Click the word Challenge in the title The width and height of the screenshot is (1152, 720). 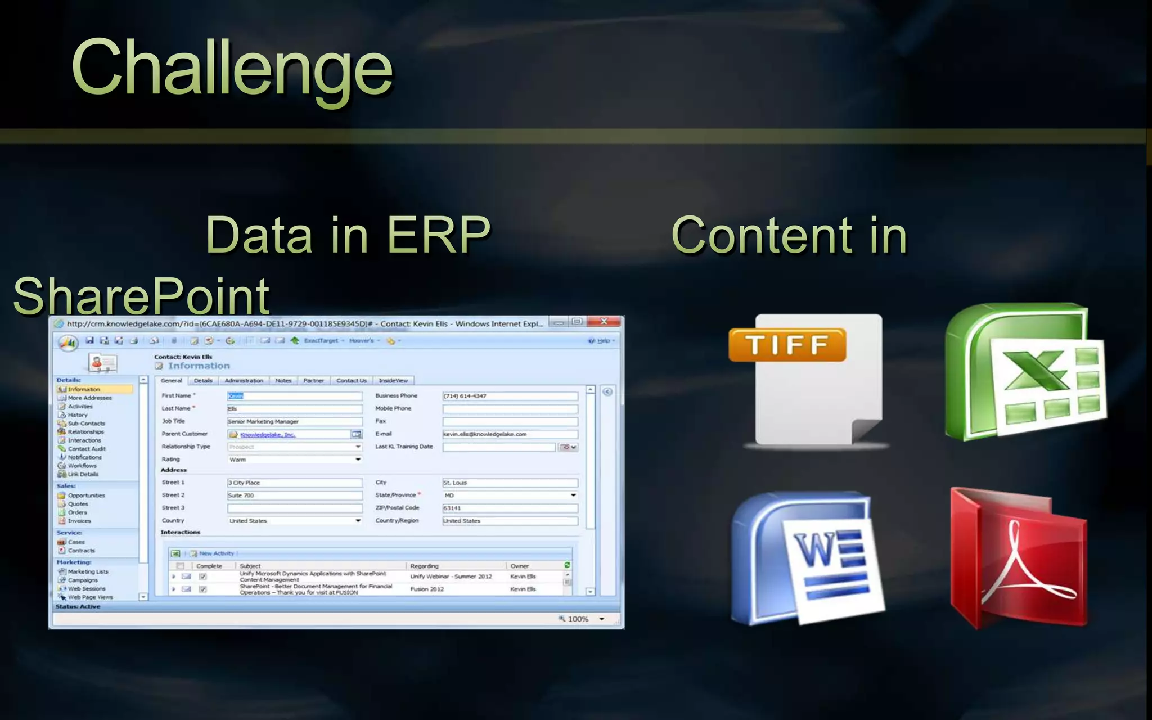pos(232,69)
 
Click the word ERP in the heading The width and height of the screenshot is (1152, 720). pos(439,235)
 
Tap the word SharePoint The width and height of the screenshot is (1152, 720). pos(141,296)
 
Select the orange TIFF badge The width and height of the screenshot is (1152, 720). pos(787,344)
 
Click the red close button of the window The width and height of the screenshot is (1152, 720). pos(604,322)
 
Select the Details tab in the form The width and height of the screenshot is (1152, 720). pos(203,381)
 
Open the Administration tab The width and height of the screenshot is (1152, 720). pos(244,381)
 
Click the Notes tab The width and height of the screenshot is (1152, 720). pos(283,381)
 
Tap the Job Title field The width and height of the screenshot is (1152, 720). pos(294,421)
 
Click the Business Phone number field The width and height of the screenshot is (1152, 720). pos(510,396)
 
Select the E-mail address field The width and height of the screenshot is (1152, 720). pos(510,434)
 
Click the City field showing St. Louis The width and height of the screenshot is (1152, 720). pos(510,483)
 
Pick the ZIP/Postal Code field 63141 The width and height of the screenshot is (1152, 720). pos(510,508)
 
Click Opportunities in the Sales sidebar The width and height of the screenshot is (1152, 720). pos(86,496)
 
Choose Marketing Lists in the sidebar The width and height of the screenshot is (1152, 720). pos(88,571)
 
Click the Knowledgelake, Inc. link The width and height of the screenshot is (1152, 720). pos(267,435)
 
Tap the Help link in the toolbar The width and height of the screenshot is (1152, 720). pos(603,341)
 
